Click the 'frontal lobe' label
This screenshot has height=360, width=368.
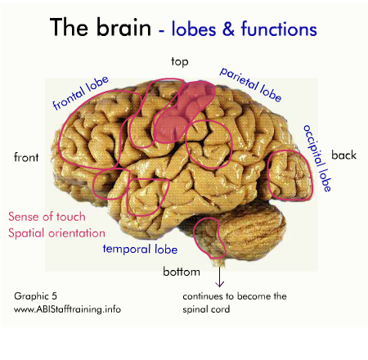pyautogui.click(x=81, y=92)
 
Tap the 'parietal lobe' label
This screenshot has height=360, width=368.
pyautogui.click(x=251, y=84)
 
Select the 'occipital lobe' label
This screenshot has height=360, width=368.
pyautogui.click(x=317, y=158)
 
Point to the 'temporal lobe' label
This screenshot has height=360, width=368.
pyautogui.click(x=140, y=249)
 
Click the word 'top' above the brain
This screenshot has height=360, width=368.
pyautogui.click(x=180, y=61)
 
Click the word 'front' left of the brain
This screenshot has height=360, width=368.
pyautogui.click(x=26, y=157)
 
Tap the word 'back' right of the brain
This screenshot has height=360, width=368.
pyautogui.click(x=343, y=155)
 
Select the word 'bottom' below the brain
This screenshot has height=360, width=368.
pyautogui.click(x=182, y=272)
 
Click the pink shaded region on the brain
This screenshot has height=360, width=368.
pyautogui.click(x=182, y=112)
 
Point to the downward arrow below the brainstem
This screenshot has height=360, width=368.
pyautogui.click(x=219, y=277)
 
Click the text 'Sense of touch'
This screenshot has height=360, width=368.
pyautogui.click(x=47, y=217)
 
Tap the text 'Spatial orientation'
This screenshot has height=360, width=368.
pyautogui.click(x=56, y=233)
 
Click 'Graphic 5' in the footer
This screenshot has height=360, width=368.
pyautogui.click(x=35, y=296)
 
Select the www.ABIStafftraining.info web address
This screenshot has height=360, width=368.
pyautogui.click(x=67, y=309)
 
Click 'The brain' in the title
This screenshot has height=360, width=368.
pyautogui.click(x=101, y=27)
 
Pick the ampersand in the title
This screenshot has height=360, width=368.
pyautogui.click(x=228, y=29)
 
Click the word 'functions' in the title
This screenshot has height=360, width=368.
pyautogui.click(x=279, y=29)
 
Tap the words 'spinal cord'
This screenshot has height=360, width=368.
pyautogui.click(x=206, y=309)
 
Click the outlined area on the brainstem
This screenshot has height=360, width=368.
pyautogui.click(x=209, y=238)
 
